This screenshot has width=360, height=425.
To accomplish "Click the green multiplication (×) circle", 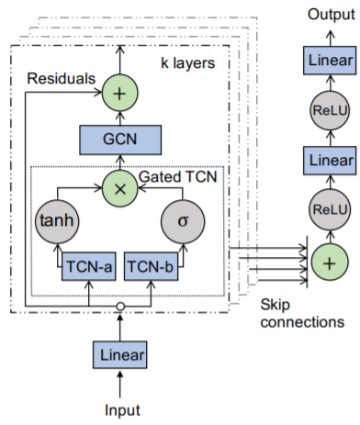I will tap(118, 189).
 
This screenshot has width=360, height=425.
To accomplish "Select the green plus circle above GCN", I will tap(118, 92).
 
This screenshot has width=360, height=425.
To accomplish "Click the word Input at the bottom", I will tap(118, 411).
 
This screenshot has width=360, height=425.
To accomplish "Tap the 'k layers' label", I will tap(188, 63).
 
